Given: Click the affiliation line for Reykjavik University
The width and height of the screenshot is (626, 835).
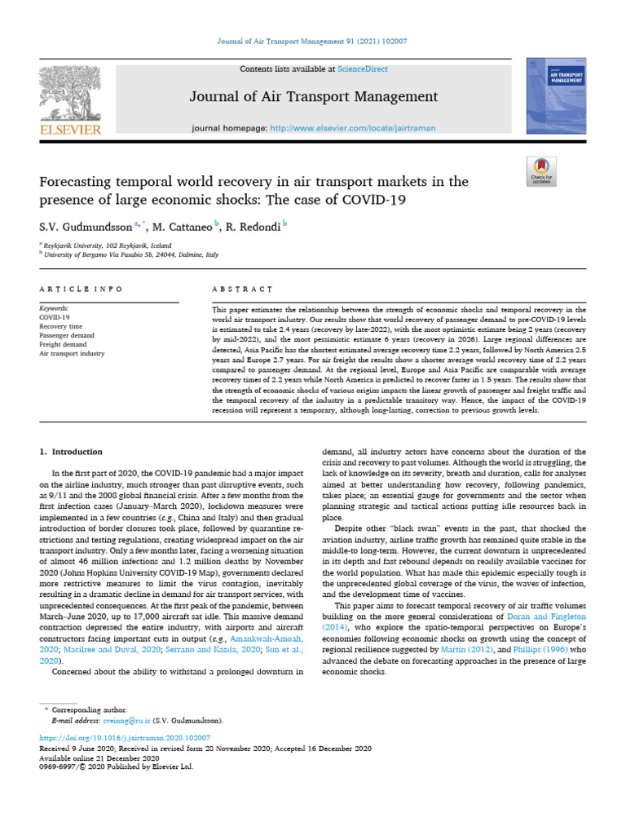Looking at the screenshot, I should tap(108, 245).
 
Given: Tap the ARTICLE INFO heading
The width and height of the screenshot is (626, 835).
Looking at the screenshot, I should tap(82, 289).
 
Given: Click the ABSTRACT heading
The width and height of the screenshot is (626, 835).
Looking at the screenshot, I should tap(242, 289).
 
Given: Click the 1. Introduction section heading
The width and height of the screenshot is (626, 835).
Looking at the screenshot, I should tap(72, 452).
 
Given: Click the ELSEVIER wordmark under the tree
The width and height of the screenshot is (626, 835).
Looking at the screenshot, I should tap(69, 129).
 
